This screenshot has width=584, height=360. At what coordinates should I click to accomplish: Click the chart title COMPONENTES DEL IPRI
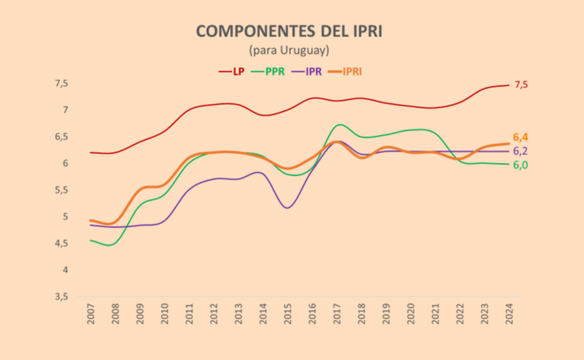(289, 32)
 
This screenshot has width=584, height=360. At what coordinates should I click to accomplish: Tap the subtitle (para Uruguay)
(289, 51)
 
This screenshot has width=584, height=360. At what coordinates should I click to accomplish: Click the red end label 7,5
(521, 85)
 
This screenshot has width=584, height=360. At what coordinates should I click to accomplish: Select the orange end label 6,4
(521, 138)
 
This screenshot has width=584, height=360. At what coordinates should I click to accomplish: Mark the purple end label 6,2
(521, 151)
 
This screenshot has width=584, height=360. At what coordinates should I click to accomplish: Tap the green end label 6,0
(521, 165)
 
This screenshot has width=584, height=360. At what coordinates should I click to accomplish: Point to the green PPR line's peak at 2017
(339, 124)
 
